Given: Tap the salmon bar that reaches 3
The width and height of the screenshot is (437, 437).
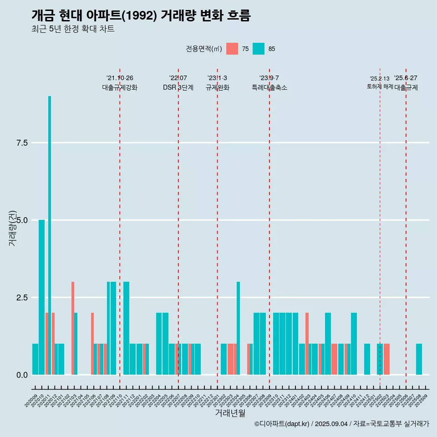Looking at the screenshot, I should pos(72,328).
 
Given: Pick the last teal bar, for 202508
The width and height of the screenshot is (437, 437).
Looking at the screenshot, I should pos(419,359).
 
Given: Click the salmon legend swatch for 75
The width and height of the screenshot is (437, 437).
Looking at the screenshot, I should pos(232,49).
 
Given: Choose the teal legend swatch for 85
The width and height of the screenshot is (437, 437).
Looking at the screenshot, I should pos(259,49).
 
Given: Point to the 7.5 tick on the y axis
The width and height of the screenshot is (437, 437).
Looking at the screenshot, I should pos(22,143).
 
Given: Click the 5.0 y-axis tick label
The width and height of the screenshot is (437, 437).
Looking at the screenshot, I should pos(22,220).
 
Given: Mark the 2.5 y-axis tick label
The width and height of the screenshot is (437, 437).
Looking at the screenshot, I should pos(22,298).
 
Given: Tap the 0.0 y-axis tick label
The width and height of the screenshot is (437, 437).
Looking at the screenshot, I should pos(22,375).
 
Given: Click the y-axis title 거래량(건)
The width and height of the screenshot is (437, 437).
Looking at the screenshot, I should pos(12,228).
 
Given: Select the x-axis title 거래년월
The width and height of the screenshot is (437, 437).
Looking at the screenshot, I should pos(230,413).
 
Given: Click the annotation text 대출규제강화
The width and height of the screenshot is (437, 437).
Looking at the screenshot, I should pos(120,87).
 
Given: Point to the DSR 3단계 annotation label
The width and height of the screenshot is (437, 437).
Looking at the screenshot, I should pos(178,87).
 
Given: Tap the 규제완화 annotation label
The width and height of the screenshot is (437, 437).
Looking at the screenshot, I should pos(217,87).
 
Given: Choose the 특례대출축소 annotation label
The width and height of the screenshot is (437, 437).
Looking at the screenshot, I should pos(269,87).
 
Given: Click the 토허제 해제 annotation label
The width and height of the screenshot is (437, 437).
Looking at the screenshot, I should pos(380,86).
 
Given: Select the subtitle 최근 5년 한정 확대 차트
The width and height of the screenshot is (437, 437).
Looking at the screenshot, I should pos(73,29).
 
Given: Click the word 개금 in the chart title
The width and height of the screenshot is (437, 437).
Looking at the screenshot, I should pos(43,15).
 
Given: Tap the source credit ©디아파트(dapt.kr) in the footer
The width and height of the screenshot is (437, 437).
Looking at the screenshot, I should pos(282,424).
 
